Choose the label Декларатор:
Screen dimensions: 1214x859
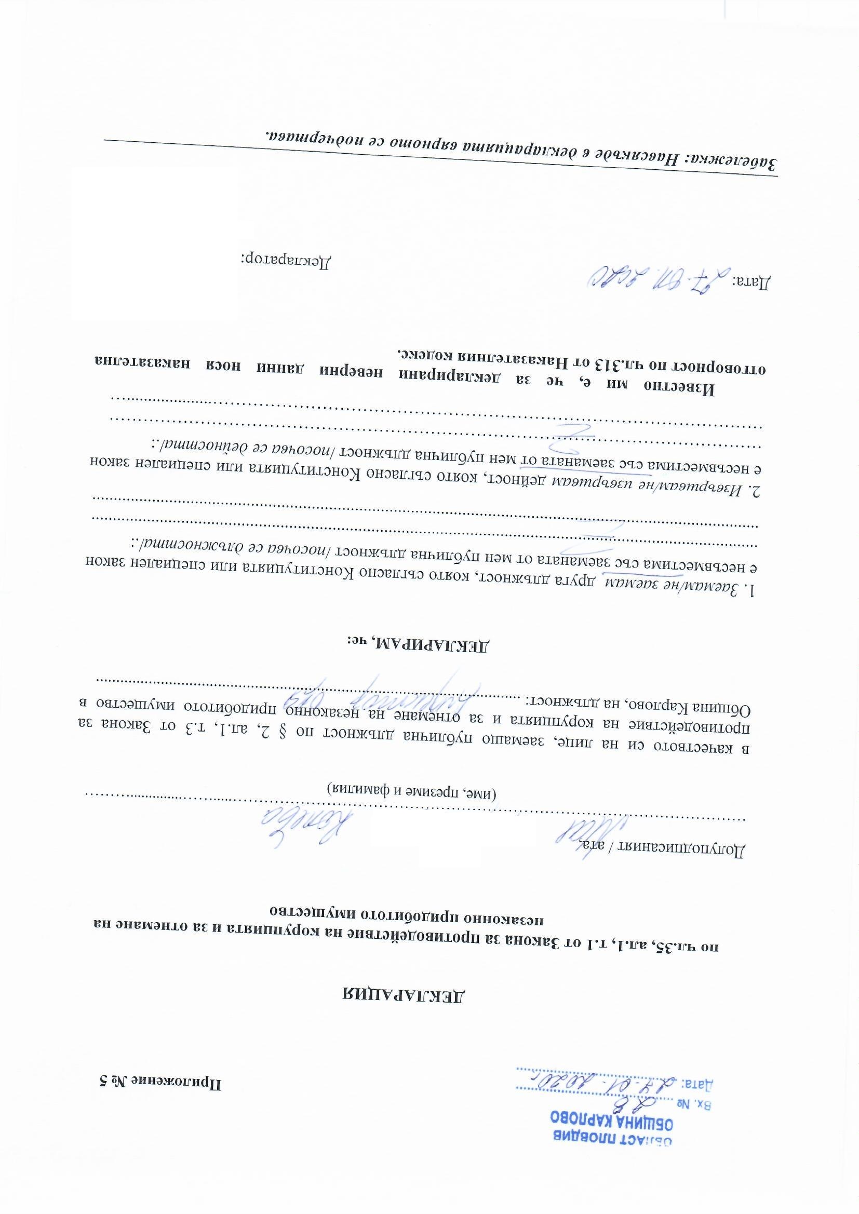pyautogui.click(x=286, y=261)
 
